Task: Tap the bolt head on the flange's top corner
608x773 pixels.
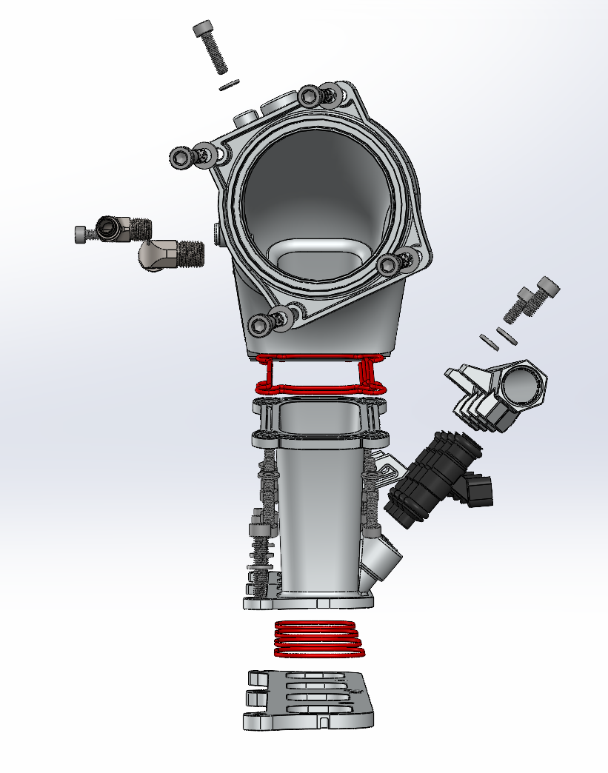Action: coord(310,96)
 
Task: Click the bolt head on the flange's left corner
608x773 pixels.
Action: coord(181,157)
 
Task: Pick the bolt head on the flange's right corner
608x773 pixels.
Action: coord(387,264)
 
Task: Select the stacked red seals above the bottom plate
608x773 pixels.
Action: coord(319,639)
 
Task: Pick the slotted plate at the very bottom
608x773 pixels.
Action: coord(307,700)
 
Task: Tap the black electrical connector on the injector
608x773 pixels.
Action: coord(478,490)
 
